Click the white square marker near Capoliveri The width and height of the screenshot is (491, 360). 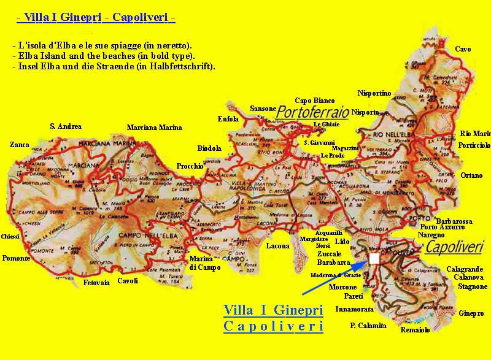(374, 258)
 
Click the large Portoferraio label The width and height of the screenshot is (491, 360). (312, 112)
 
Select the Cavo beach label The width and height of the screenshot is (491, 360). (463, 49)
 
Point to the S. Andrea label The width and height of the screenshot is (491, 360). (65, 126)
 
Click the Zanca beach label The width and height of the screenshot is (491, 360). (19, 145)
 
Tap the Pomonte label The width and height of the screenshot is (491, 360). (16, 258)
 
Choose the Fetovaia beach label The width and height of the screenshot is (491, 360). (96, 283)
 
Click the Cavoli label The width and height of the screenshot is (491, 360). (128, 281)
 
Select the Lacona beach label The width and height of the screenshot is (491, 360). (277, 246)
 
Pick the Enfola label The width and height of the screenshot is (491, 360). (228, 119)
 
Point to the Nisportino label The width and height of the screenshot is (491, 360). (374, 93)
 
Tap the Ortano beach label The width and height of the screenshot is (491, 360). (471, 175)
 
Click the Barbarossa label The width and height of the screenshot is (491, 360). (454, 221)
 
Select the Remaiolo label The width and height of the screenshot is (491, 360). (415, 329)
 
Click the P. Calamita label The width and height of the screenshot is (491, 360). (368, 326)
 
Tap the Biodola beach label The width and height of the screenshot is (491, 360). (209, 148)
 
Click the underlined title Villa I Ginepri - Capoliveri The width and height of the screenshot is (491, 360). (96, 18)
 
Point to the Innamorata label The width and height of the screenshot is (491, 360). (354, 309)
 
